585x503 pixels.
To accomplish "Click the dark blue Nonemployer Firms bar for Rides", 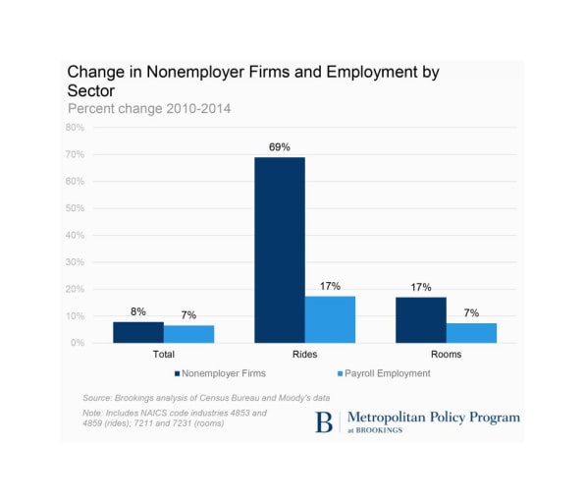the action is (x=280, y=250).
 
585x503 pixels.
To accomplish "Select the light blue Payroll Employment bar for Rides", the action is (x=330, y=319).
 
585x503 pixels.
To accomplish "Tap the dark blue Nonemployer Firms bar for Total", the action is (x=138, y=332).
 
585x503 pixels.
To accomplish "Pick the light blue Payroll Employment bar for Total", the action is (x=188, y=334).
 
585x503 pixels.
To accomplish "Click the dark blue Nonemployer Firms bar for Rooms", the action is (x=421, y=320).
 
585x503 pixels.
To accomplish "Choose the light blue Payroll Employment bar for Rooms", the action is (x=471, y=333).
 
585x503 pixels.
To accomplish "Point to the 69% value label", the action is (x=280, y=147).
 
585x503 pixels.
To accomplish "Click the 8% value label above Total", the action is (x=138, y=311).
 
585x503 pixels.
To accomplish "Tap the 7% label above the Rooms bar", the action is (x=471, y=313).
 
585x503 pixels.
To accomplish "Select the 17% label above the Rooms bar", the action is (x=421, y=287).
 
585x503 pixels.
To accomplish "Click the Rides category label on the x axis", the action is (x=305, y=354).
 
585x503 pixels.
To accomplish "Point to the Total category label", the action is (x=163, y=354).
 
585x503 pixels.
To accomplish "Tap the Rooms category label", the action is (x=447, y=354).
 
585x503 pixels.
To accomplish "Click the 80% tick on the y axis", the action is (x=75, y=128).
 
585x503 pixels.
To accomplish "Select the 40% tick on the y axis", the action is (x=75, y=235).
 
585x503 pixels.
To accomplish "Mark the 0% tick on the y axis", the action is (x=78, y=343).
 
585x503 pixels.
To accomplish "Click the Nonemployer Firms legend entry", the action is (x=220, y=373).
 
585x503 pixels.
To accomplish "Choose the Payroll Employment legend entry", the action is (x=384, y=373).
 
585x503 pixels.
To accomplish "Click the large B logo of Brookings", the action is (x=324, y=422).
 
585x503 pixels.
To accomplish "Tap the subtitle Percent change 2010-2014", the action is (x=149, y=109).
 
